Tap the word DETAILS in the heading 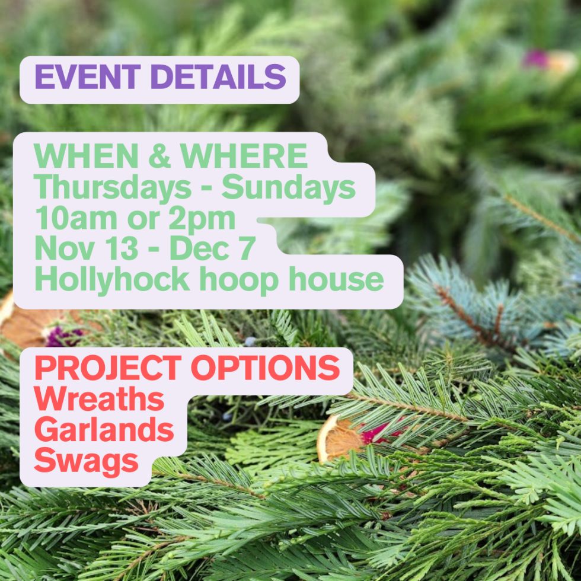click(x=218, y=77)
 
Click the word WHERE click(x=244, y=156)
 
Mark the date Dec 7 click(x=212, y=249)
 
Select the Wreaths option click(x=98, y=400)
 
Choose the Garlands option click(x=104, y=430)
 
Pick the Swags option click(x=86, y=461)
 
